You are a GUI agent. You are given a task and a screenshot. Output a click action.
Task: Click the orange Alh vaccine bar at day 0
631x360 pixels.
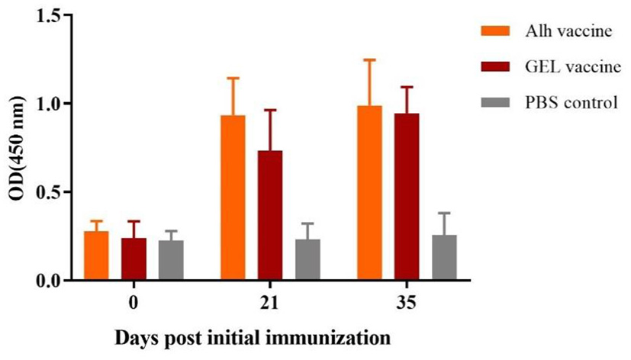pyautogui.click(x=96, y=256)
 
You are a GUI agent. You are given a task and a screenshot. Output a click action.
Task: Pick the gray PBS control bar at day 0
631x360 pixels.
pyautogui.click(x=171, y=261)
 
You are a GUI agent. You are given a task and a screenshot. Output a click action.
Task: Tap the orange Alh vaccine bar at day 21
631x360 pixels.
pyautogui.click(x=233, y=198)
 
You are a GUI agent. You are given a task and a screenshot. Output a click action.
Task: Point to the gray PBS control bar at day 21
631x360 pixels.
pyautogui.click(x=307, y=260)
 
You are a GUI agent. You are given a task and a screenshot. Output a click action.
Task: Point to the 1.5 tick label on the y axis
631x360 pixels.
pyautogui.click(x=48, y=15)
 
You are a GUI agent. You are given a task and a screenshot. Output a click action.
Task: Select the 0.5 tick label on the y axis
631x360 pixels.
pyautogui.click(x=48, y=192)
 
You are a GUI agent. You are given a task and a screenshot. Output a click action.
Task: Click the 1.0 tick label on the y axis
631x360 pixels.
pyautogui.click(x=48, y=104)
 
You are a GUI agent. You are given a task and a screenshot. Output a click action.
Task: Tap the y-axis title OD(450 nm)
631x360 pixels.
pyautogui.click(x=17, y=149)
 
